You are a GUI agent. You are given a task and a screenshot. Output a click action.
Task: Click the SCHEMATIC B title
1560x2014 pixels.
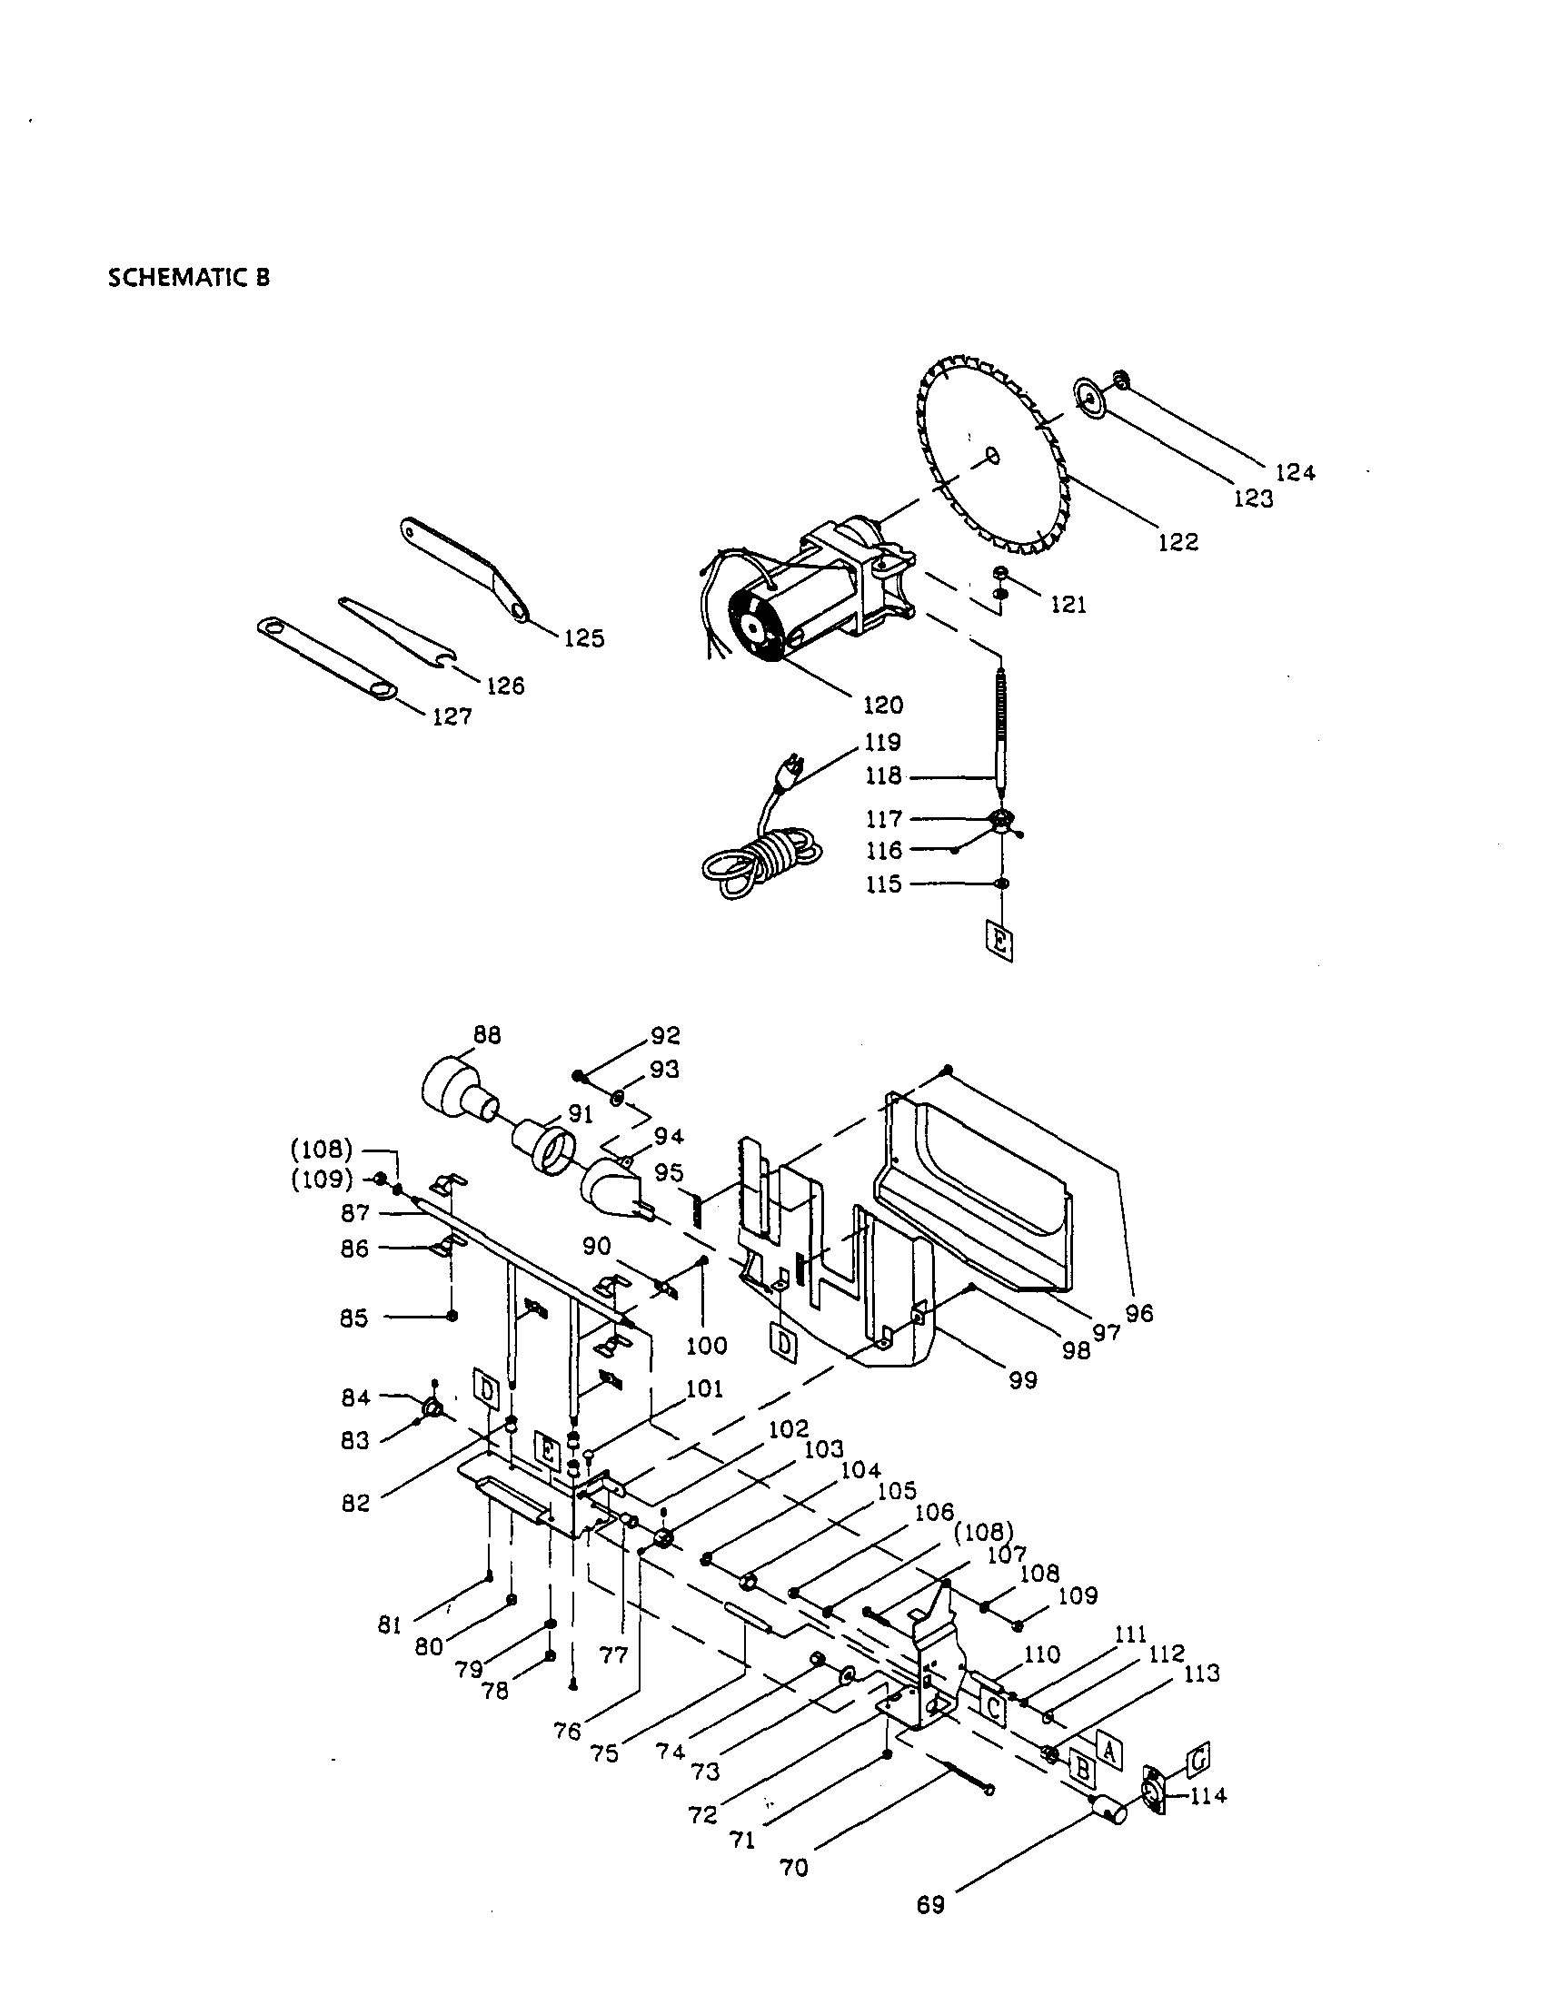[x=189, y=278]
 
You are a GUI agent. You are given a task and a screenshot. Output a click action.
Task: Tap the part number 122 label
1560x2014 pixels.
[x=1178, y=542]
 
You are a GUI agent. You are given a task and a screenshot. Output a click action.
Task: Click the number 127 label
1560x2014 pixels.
[x=452, y=716]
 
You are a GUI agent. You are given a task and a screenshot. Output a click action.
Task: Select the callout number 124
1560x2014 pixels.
[x=1296, y=473]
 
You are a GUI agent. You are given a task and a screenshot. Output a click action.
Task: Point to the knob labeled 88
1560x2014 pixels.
[x=459, y=1094]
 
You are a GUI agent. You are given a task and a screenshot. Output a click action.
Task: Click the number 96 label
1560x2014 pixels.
[x=1139, y=1313]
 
